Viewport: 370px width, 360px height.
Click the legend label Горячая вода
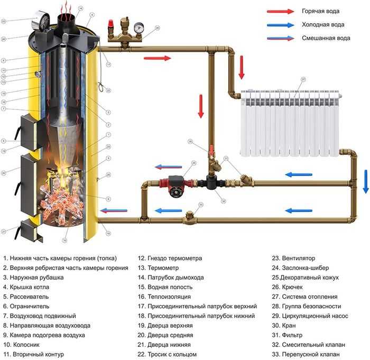(320, 11)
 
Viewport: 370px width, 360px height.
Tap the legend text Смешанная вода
(326, 39)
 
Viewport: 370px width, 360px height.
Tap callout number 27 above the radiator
(303, 79)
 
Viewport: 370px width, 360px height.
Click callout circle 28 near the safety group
(157, 28)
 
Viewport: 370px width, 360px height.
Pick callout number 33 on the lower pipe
(200, 205)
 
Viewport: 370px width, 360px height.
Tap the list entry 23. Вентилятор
(293, 259)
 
